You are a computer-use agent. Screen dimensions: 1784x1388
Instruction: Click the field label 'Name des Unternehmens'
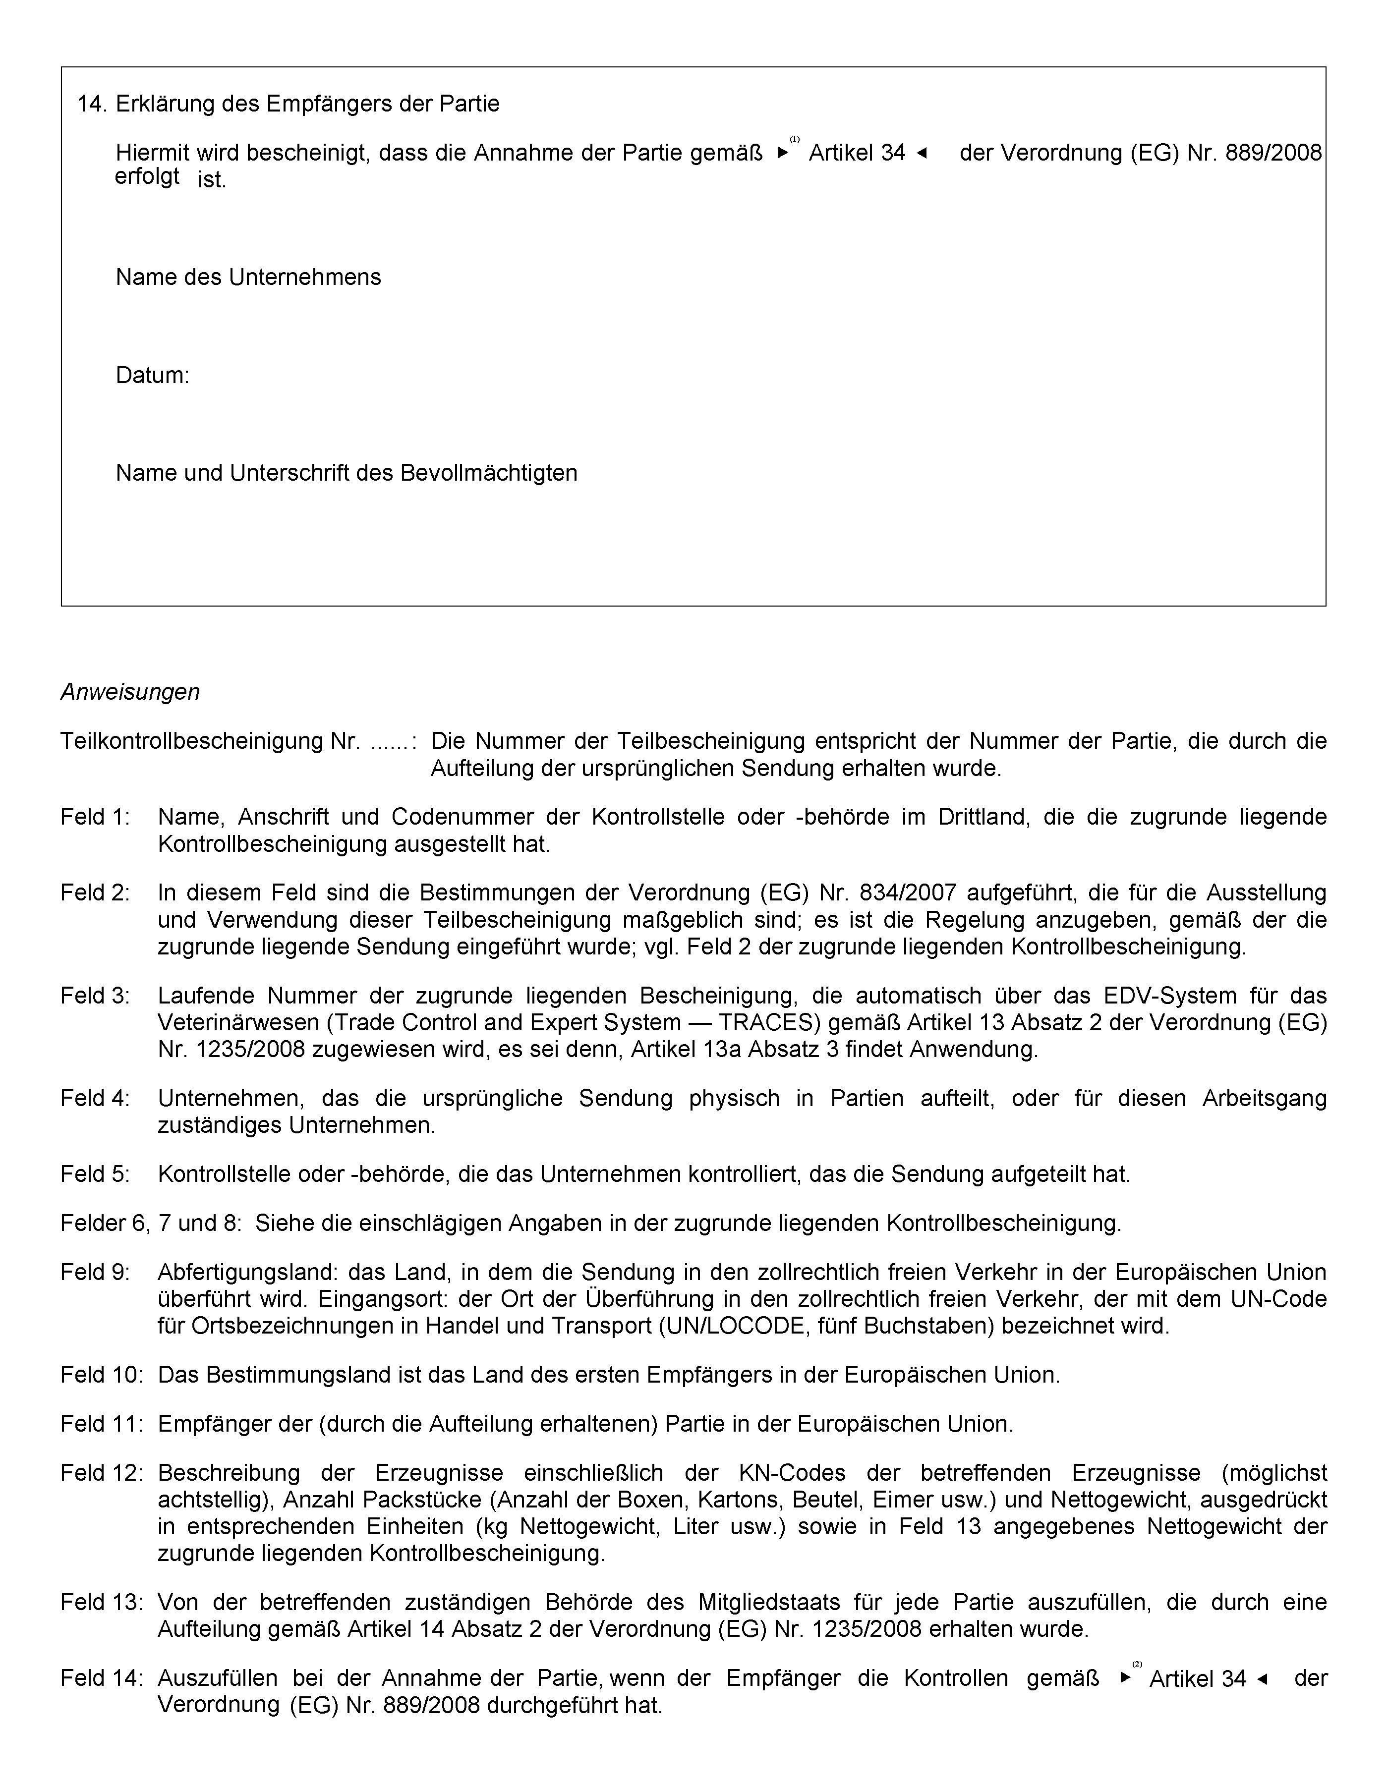(x=248, y=277)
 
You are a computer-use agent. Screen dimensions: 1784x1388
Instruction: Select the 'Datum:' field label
(x=152, y=375)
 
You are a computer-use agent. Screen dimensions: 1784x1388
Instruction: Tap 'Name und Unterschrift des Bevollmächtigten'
(x=347, y=472)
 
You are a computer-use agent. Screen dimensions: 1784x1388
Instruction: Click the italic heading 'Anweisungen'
(x=130, y=692)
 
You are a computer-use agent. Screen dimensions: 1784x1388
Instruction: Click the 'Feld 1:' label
(x=95, y=817)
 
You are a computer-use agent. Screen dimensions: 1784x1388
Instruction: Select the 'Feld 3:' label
(x=95, y=996)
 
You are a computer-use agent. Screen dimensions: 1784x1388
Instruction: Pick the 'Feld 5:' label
(x=95, y=1174)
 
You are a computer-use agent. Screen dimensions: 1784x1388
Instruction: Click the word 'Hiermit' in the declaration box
(x=153, y=153)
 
